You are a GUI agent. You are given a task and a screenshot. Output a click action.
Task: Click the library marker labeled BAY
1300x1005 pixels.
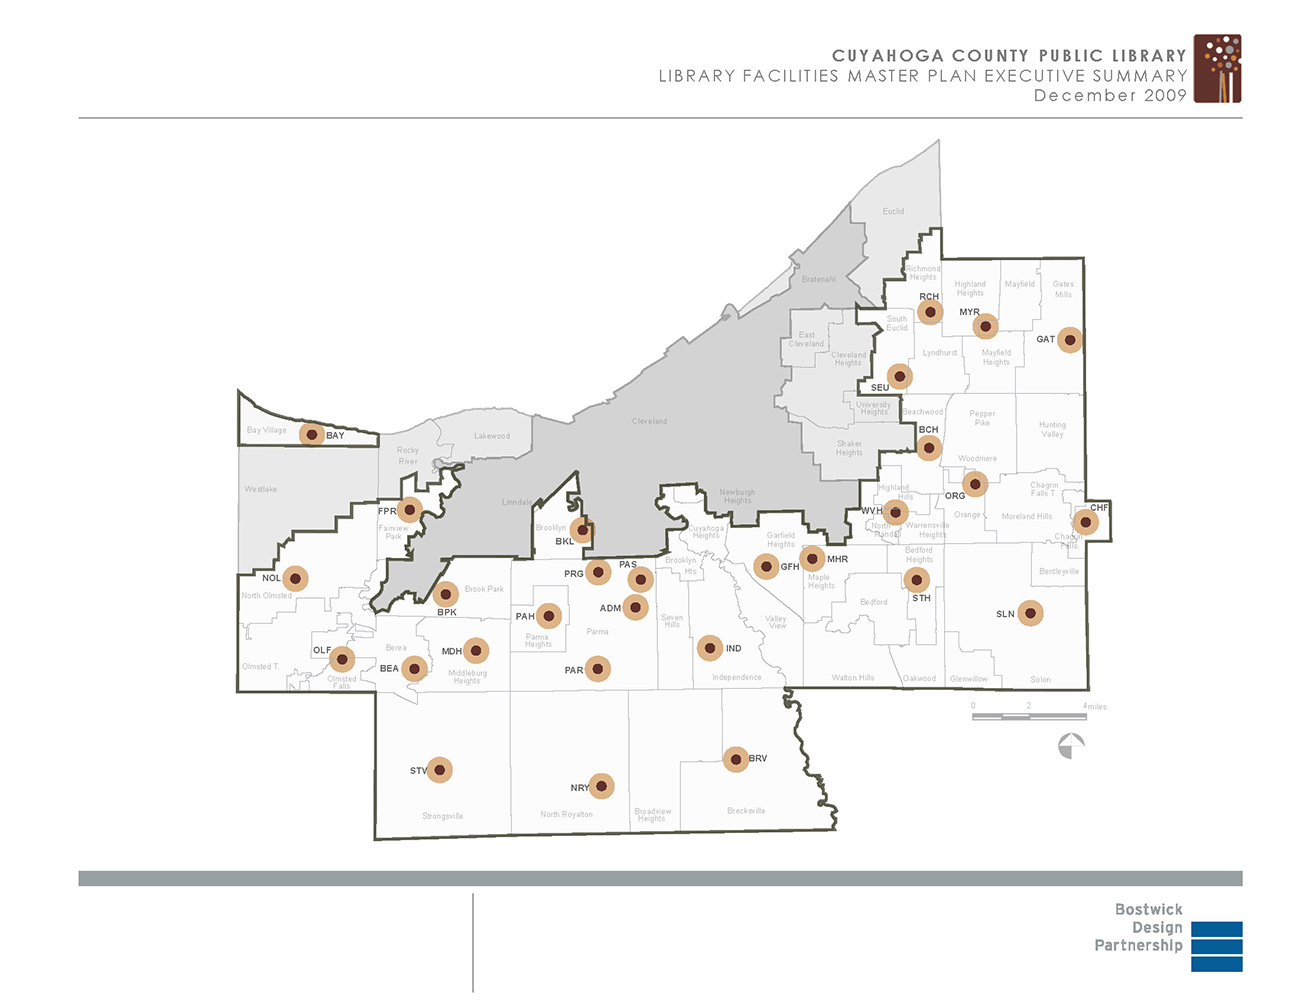(312, 435)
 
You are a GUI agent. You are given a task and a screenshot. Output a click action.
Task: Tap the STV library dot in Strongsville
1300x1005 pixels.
(439, 770)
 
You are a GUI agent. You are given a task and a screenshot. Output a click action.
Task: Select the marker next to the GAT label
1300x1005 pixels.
(1070, 340)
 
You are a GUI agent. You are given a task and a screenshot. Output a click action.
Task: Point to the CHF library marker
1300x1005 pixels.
(1084, 521)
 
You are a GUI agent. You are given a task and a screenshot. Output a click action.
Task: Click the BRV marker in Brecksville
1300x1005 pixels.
(735, 759)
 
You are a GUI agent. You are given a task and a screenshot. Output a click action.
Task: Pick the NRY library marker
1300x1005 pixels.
(601, 786)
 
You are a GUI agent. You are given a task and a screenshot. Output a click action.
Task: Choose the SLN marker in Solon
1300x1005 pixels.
(1030, 613)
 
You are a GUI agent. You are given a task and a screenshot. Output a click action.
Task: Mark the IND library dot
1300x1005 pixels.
(709, 648)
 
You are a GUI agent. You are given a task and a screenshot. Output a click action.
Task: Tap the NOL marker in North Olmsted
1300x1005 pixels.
(295, 578)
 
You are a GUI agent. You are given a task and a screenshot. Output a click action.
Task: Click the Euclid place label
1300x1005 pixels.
(893, 211)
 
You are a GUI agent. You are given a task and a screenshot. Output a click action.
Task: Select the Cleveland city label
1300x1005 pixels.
(649, 421)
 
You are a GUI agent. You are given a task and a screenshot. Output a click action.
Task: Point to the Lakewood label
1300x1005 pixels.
(491, 436)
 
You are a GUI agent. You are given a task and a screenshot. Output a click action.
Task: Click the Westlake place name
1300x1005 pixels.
(261, 489)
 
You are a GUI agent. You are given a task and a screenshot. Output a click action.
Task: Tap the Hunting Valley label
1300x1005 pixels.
(1052, 429)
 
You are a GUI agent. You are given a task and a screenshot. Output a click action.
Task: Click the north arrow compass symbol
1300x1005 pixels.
(1071, 746)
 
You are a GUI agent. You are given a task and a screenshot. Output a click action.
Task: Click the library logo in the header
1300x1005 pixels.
(1217, 69)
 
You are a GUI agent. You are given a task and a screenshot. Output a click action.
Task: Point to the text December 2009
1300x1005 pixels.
(1110, 96)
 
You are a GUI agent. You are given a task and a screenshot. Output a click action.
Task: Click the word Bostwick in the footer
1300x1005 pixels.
(1148, 909)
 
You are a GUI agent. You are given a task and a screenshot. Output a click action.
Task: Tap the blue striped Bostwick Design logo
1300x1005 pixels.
(1216, 946)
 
